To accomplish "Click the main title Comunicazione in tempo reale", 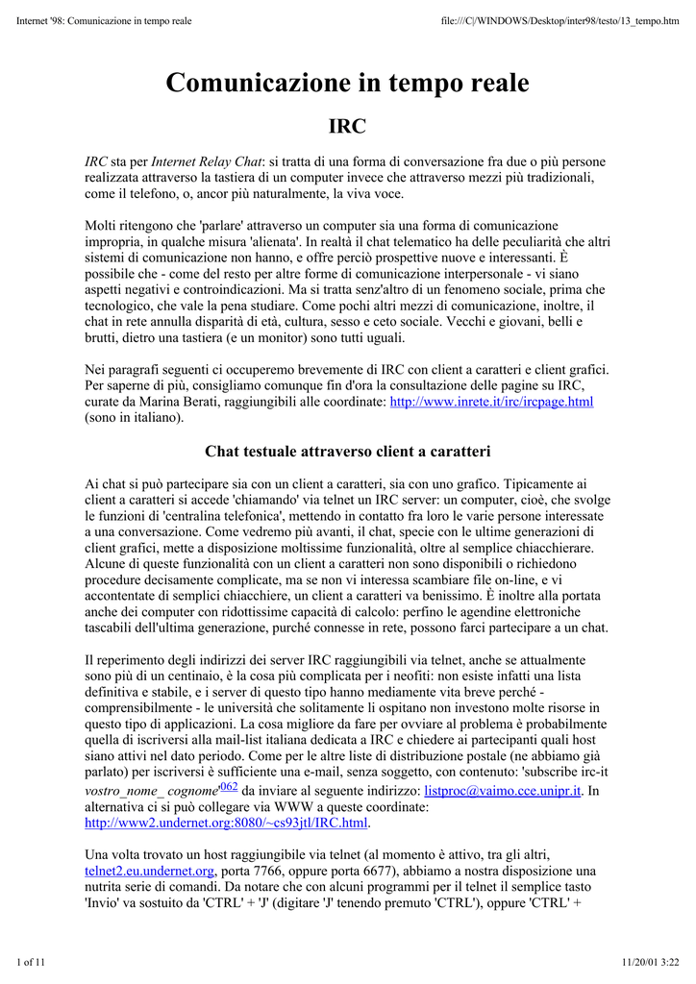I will pos(347,84).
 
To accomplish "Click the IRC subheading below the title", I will pos(347,126).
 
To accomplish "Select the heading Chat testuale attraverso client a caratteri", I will pos(347,451).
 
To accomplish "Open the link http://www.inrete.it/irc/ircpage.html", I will pos(491,402).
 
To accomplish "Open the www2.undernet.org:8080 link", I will pos(227,824).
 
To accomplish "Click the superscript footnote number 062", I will pos(229,787).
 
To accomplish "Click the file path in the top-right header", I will pos(559,21).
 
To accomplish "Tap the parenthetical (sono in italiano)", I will pos(134,418).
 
